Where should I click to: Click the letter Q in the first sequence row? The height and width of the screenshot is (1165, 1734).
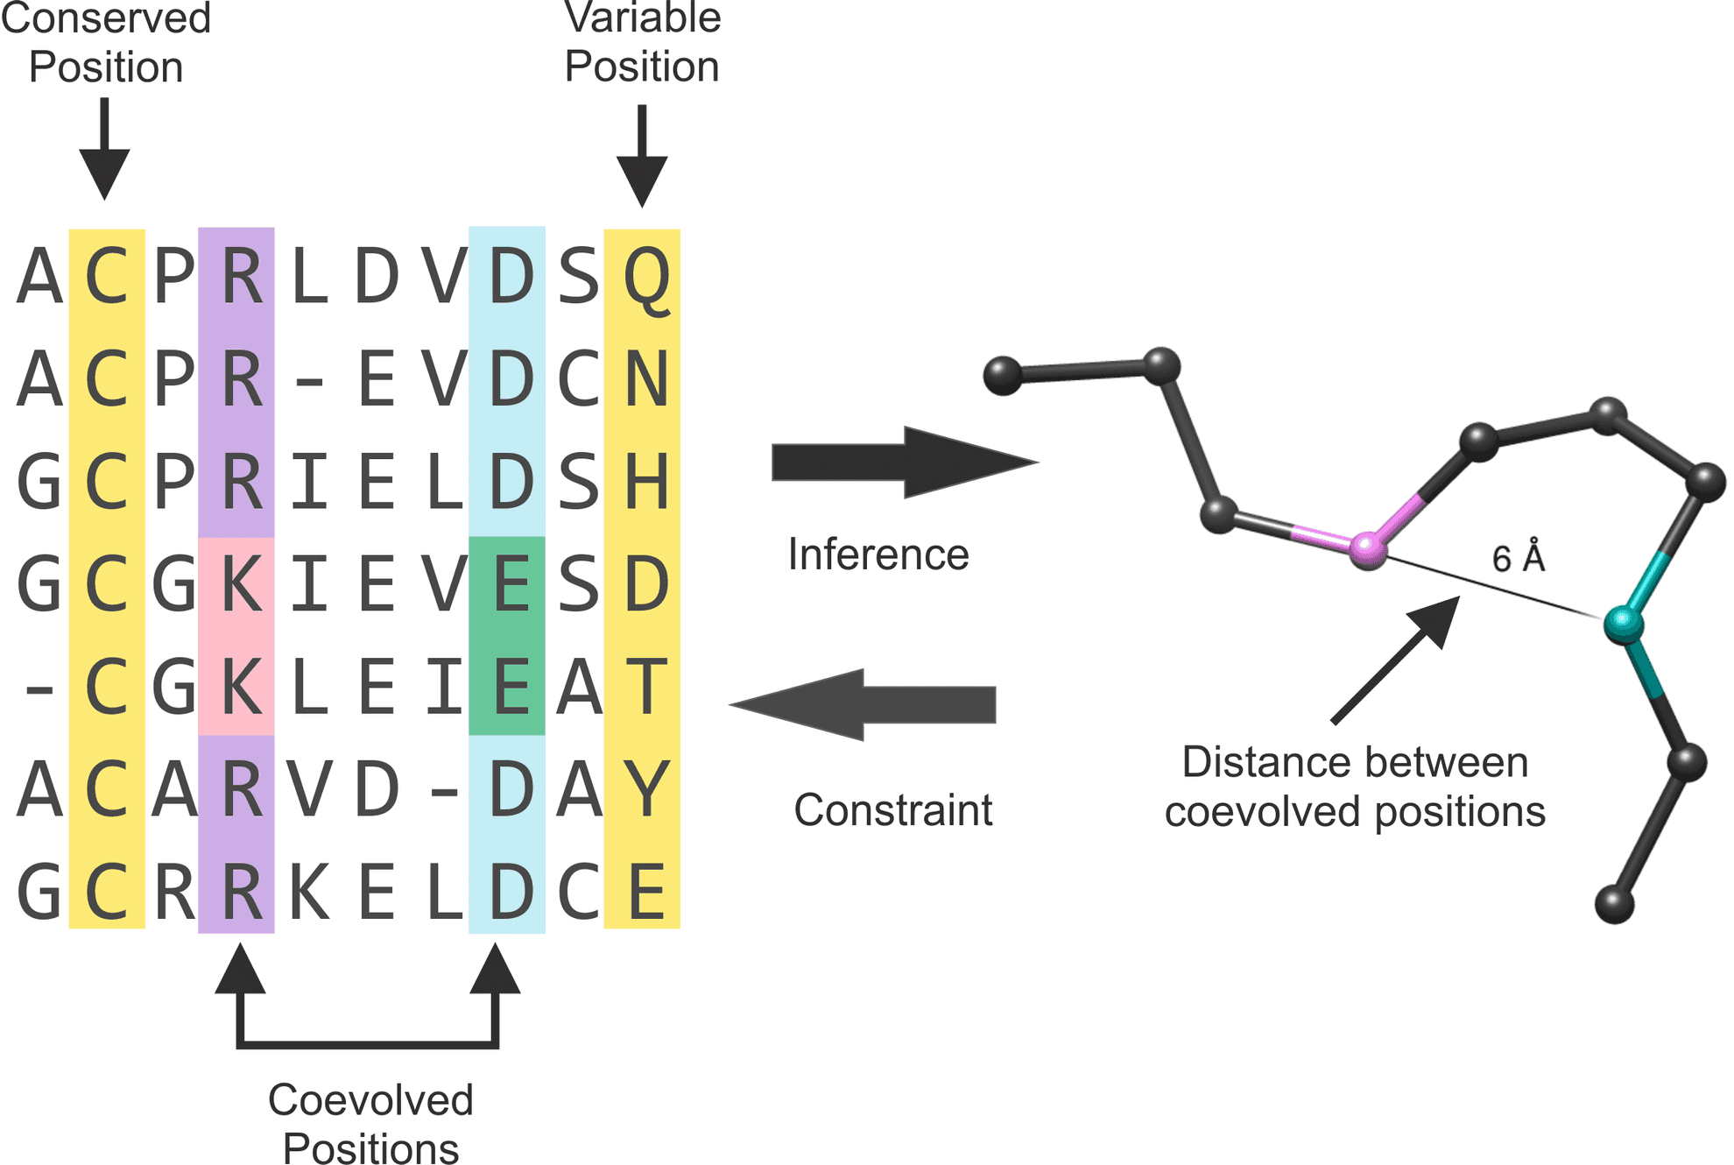646,279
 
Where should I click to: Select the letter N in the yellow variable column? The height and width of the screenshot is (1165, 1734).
646,378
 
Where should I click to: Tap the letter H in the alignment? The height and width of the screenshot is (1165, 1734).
646,481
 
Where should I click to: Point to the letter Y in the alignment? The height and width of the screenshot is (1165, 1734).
646,788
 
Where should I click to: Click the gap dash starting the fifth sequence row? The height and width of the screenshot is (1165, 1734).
39,690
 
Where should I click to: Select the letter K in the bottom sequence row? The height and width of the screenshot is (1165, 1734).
309,892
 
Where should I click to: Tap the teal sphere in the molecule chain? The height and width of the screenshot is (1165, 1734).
1623,624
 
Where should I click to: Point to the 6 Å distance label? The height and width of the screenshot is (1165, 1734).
1518,557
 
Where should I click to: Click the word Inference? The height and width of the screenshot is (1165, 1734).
878,554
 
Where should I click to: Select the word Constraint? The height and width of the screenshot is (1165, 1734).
892,810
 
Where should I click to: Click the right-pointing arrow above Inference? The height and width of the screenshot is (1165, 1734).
905,462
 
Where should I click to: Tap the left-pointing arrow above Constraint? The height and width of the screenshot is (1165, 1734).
863,705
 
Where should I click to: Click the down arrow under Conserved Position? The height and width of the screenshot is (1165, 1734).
104,149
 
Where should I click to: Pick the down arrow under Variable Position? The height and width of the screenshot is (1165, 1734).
642,156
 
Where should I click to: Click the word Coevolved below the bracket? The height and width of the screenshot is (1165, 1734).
370,1100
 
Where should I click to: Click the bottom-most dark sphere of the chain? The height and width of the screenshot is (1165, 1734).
1614,904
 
